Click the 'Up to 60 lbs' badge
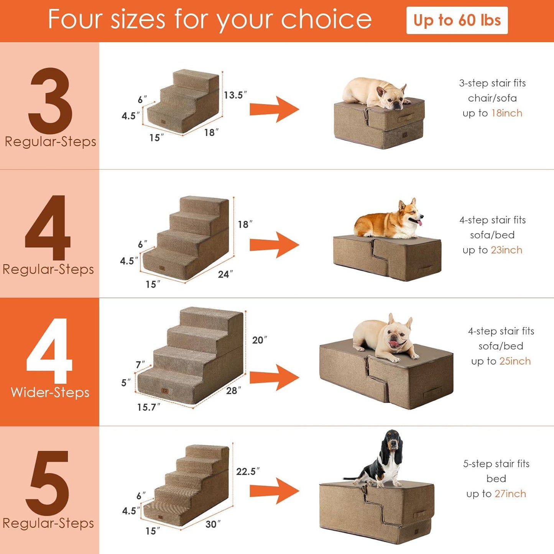point(457,20)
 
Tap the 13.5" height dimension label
point(235,95)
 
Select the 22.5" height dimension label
point(247,471)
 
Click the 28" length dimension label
point(233,390)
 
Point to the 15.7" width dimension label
point(148,407)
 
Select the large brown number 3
point(50,100)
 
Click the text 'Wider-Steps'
point(50,393)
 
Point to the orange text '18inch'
point(506,113)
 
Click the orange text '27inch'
point(510,494)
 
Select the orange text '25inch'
point(515,361)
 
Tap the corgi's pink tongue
point(420,222)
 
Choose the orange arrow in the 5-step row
point(274,491)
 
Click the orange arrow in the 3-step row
point(274,109)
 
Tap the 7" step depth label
point(140,364)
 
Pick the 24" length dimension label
point(225,275)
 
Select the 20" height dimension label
point(259,340)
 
